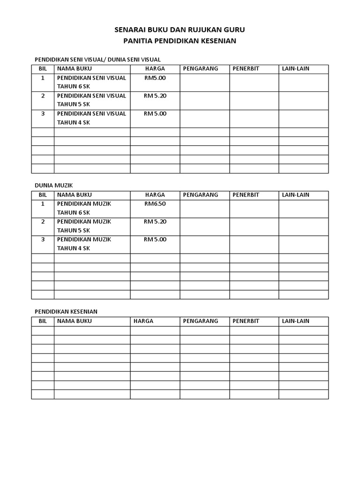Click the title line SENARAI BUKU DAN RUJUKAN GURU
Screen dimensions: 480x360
pos(180,30)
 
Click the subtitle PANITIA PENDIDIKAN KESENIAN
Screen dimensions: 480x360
pos(180,41)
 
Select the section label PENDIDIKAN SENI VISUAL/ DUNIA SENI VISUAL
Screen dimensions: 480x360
pos(98,60)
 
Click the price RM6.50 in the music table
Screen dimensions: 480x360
pos(155,204)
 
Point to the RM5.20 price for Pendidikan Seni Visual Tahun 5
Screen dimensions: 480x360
pos(155,96)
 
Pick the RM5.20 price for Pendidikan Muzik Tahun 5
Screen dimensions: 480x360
pos(155,222)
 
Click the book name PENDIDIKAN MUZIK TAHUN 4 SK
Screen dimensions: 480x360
pos(84,244)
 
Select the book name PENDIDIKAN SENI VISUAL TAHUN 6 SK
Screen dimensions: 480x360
pos(91,82)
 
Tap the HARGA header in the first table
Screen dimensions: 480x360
pos(155,69)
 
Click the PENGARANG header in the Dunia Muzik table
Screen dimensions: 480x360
pos(201,195)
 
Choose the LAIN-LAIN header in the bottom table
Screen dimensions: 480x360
pos(295,321)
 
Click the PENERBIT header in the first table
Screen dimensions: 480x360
pos(246,69)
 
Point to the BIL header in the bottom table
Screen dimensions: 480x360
pos(43,321)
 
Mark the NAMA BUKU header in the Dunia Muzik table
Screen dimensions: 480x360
pos(75,195)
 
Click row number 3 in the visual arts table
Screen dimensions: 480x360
pos(43,113)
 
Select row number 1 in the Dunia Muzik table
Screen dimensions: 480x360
pos(43,204)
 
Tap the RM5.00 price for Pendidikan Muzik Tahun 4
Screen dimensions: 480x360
pos(155,240)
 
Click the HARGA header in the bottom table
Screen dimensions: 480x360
pos(143,321)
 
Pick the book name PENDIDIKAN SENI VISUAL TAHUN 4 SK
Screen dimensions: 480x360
pos(91,118)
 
